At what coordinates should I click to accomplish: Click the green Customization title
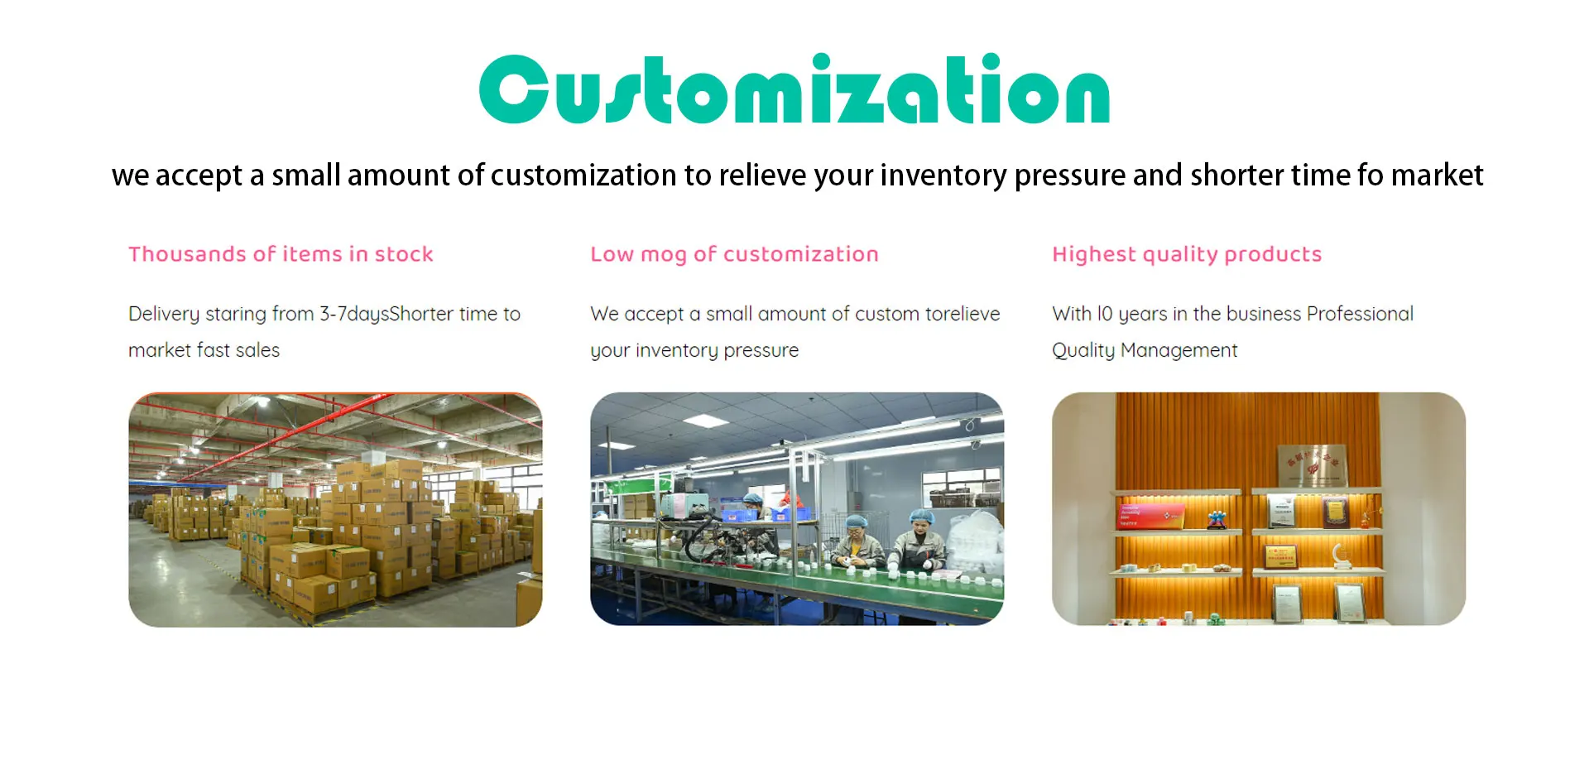(x=794, y=89)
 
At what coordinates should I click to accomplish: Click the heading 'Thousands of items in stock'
(x=281, y=254)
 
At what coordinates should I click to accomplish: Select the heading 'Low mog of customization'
(x=734, y=255)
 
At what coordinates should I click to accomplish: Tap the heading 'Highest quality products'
(x=1187, y=255)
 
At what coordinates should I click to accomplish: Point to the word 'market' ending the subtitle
(x=1437, y=176)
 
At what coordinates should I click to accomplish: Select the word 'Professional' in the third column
(x=1360, y=314)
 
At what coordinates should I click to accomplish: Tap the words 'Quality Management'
(x=1145, y=350)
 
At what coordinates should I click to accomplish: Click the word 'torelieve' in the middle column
(x=963, y=314)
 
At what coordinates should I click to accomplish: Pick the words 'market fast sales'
(x=204, y=350)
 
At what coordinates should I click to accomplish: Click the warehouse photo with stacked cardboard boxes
(x=335, y=509)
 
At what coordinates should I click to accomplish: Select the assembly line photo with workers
(x=797, y=508)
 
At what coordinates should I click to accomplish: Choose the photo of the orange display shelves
(x=1259, y=508)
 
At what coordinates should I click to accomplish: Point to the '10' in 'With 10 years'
(x=1105, y=314)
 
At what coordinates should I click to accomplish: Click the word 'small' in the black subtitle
(x=306, y=176)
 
